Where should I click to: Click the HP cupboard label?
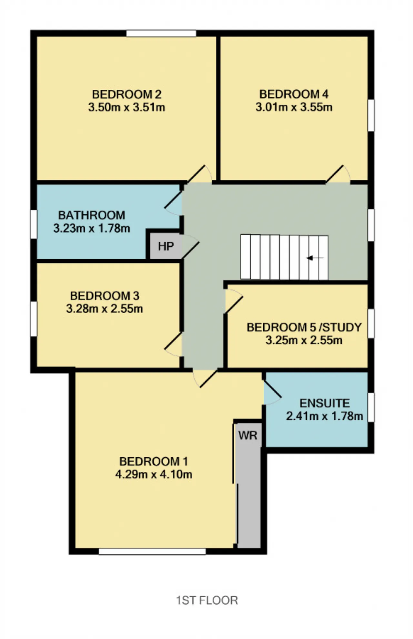click(166, 246)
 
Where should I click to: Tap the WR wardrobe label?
click(248, 436)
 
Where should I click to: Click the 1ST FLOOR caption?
click(207, 600)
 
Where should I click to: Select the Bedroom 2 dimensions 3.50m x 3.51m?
click(127, 107)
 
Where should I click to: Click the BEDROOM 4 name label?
click(294, 94)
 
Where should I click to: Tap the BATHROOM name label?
click(92, 215)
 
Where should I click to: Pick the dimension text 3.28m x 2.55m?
click(105, 309)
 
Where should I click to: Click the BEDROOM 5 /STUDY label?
click(304, 327)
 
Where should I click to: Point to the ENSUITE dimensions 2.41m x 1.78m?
click(325, 416)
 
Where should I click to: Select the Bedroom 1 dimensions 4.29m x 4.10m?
click(154, 474)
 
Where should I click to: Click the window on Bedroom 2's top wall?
click(161, 33)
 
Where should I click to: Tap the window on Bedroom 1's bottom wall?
click(152, 551)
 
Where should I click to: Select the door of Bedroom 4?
click(337, 174)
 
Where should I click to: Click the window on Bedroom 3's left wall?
click(34, 319)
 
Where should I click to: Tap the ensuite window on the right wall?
click(371, 407)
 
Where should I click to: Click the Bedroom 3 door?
click(173, 344)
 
